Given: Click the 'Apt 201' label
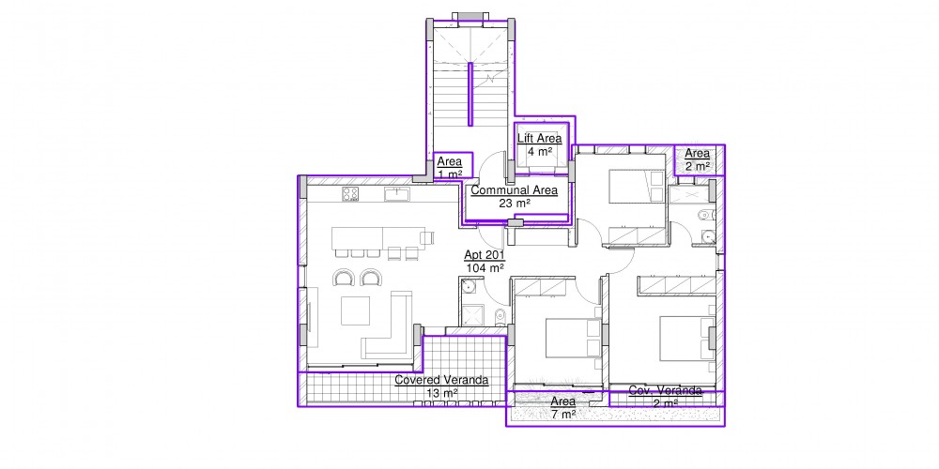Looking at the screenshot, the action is (485, 256).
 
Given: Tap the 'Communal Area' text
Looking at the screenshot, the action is (515, 190).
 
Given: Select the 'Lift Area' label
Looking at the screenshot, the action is (540, 138).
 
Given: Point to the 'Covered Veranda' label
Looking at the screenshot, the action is (441, 380).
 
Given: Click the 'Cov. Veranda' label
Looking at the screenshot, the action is (666, 390).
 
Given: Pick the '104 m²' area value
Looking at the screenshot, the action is (485, 268).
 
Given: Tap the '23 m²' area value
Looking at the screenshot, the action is (515, 204).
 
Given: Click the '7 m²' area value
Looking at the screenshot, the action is (562, 414).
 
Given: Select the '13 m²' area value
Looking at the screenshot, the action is (442, 393).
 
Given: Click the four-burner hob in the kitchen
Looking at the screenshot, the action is (350, 194).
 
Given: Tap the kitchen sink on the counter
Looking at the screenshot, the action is (397, 194).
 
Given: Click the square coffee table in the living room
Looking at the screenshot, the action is (355, 311).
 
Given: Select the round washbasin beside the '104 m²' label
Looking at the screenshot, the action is (468, 286).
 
